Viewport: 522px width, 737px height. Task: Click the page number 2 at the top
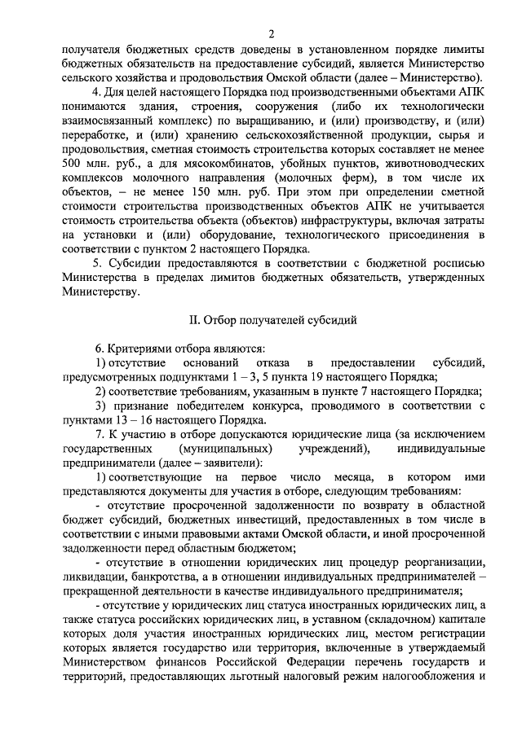[272, 33]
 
